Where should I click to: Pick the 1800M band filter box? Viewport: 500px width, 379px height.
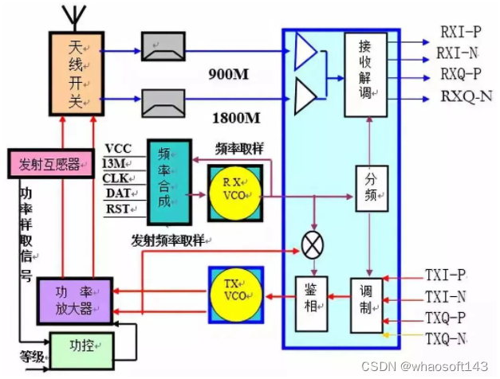click(x=163, y=100)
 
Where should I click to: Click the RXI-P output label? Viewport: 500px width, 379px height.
click(x=459, y=33)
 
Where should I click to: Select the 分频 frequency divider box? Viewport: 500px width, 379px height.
click(x=370, y=188)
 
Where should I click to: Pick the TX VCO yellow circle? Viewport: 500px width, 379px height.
click(x=235, y=295)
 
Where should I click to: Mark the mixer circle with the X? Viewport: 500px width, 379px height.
click(x=311, y=245)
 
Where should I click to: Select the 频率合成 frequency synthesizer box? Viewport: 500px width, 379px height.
click(x=169, y=182)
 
